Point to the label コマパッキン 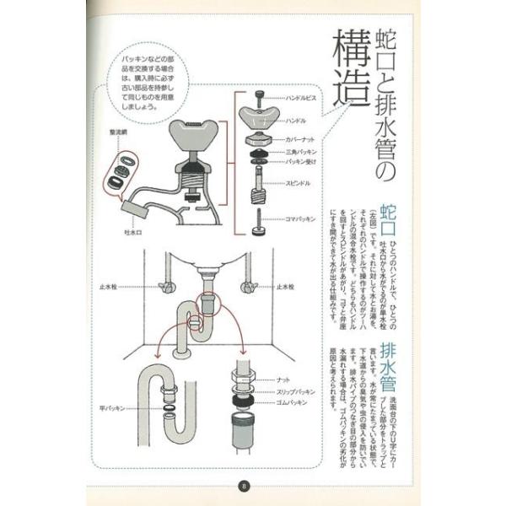point(301,218)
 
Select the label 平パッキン point(111,407)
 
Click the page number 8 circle point(245,486)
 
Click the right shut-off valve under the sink point(250,288)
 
